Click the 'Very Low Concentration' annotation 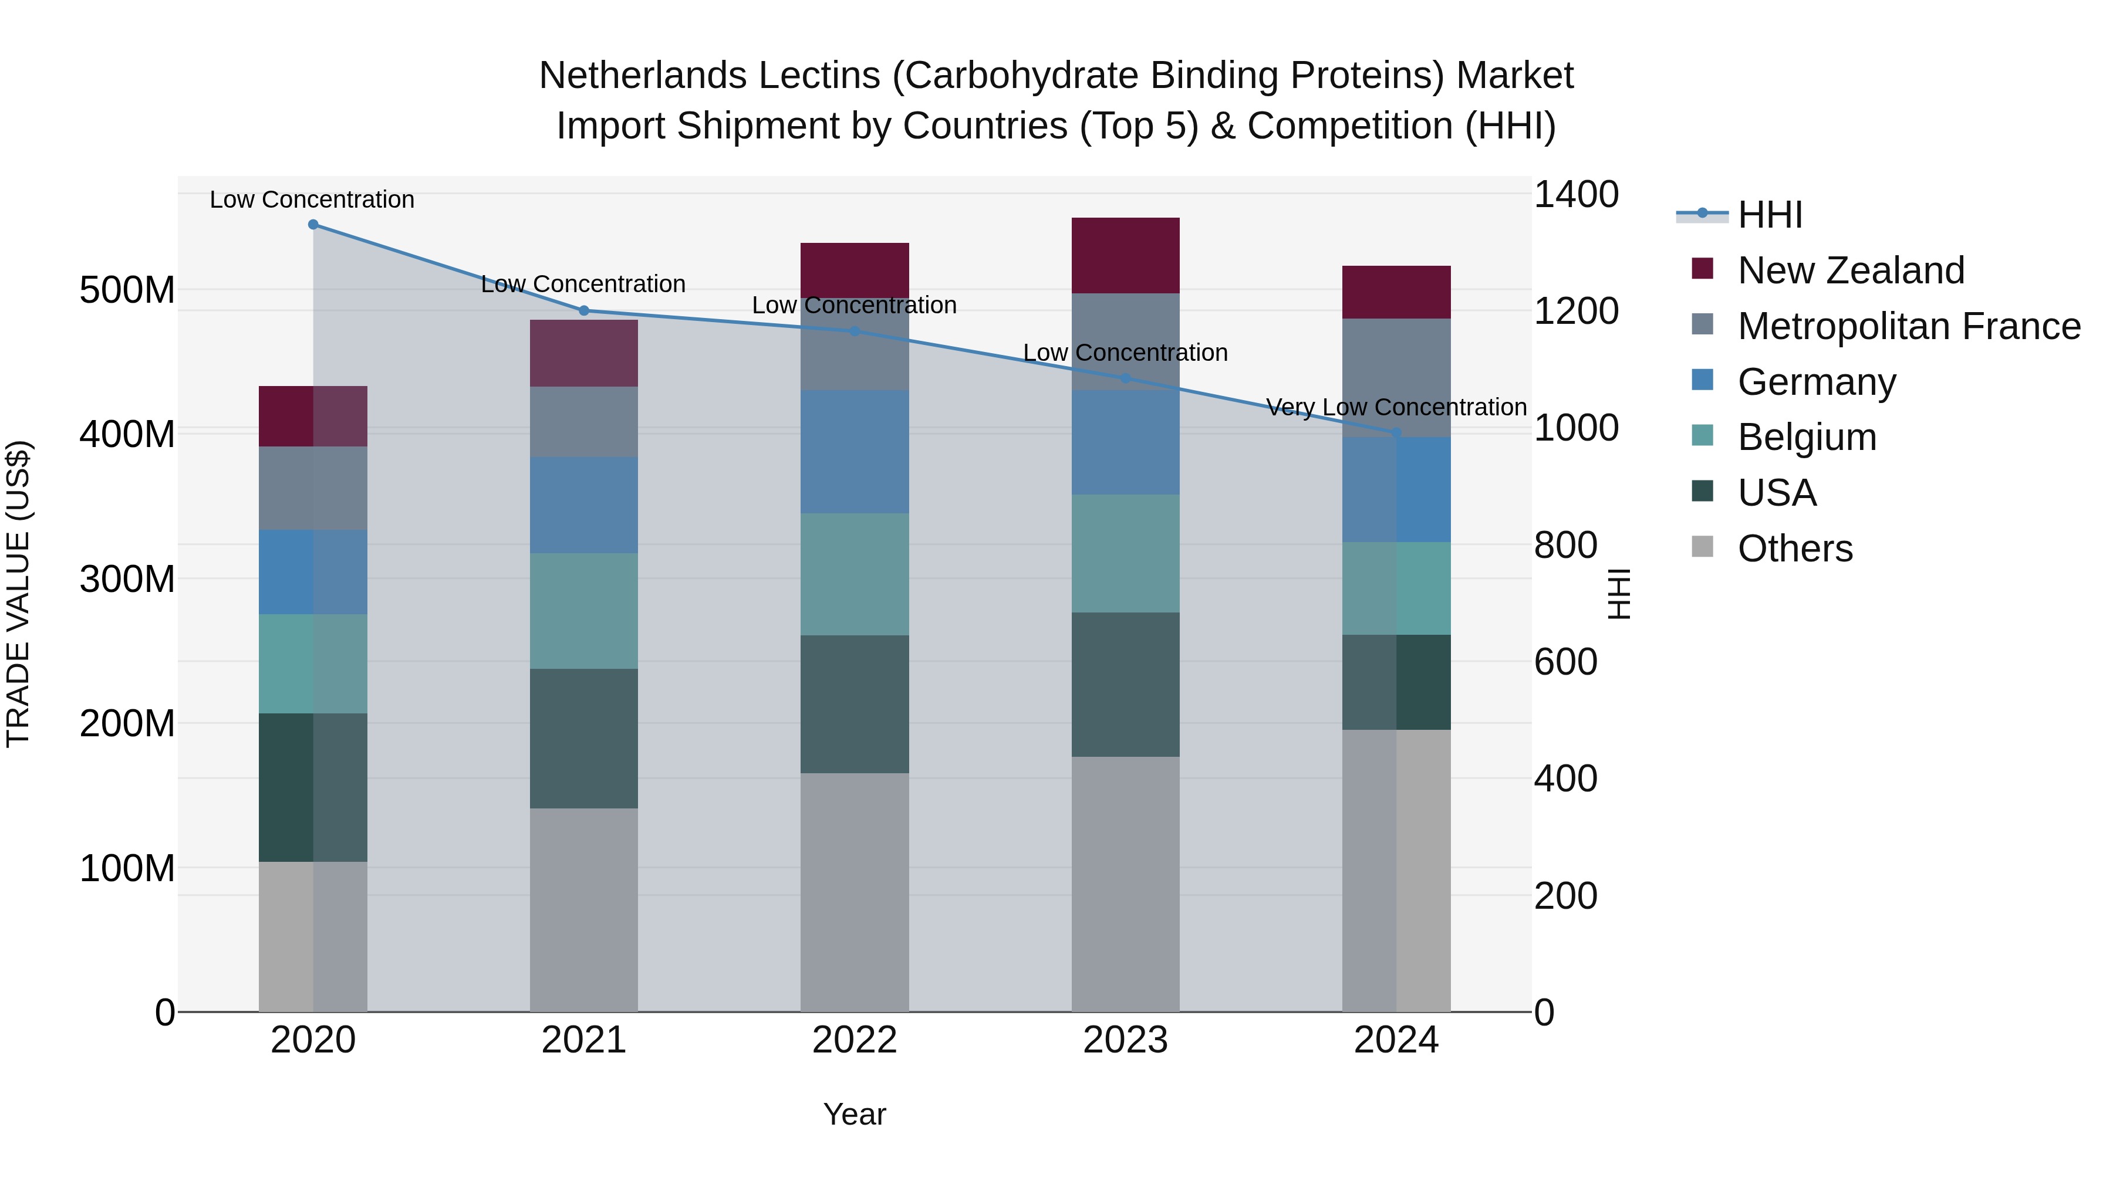pos(1396,408)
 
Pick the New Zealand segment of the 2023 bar pos(1125,256)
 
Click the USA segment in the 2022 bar pos(855,704)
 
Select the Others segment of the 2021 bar pos(584,910)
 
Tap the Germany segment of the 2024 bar pos(1396,489)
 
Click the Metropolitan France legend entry pos(1909,326)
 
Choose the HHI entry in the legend pos(1770,215)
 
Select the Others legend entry pos(1795,549)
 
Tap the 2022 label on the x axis pos(855,1040)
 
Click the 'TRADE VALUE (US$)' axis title pos(19,594)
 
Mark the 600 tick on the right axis pos(1565,662)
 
